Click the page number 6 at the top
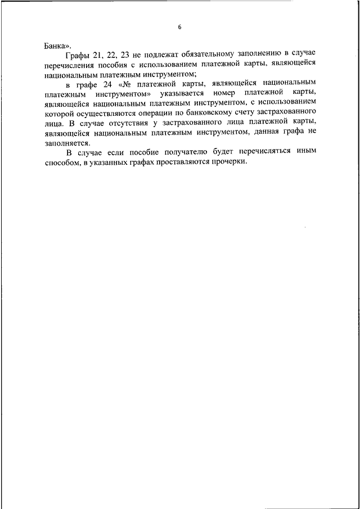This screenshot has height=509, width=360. tap(179, 26)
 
